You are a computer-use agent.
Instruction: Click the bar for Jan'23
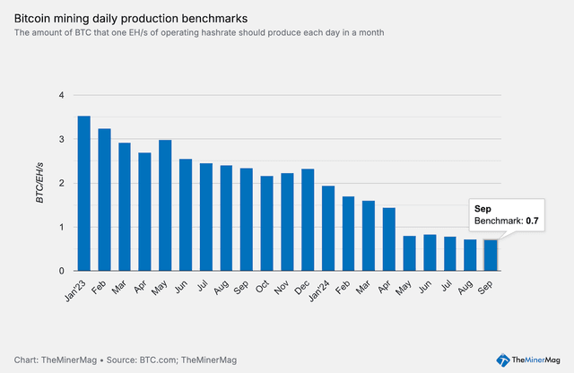coord(84,194)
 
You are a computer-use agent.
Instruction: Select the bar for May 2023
coord(165,205)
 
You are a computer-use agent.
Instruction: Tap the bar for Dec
coord(308,220)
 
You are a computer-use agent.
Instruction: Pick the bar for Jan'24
coord(328,229)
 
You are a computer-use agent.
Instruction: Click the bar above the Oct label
coord(267,223)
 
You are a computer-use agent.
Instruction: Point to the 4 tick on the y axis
coord(62,95)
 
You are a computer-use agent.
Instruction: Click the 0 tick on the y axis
coord(62,271)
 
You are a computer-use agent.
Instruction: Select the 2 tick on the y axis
coord(62,183)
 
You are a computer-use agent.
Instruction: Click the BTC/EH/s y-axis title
coord(39,183)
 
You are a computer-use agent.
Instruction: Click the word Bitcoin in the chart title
coord(35,18)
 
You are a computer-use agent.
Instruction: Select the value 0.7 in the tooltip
coord(531,220)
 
